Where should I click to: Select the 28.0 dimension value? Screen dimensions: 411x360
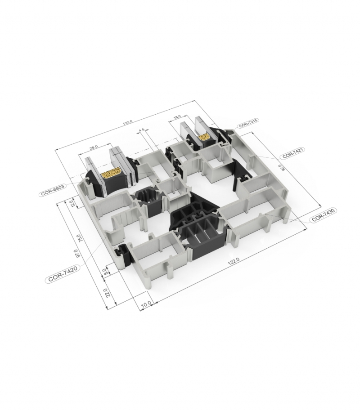[94, 147]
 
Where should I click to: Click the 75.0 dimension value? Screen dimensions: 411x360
[79, 237]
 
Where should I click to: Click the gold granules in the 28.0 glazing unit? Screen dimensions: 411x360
[110, 174]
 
